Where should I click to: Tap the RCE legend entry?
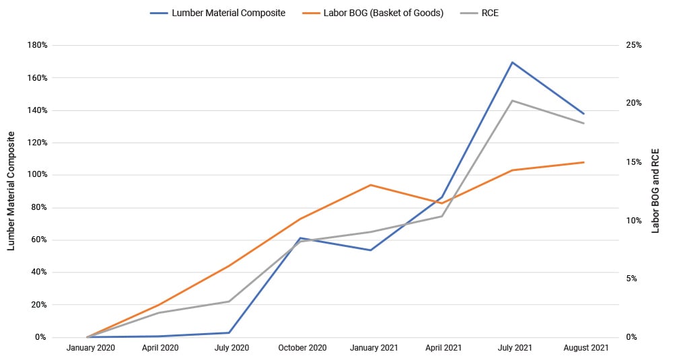tap(490, 13)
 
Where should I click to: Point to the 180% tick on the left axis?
tap(36, 46)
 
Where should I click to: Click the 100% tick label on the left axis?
tap(36, 175)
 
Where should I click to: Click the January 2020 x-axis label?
tap(90, 348)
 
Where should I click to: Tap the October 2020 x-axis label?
tap(302, 348)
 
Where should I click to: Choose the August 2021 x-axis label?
tap(583, 348)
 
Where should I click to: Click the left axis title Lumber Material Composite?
tap(11, 191)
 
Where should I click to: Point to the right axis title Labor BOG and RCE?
tap(656, 191)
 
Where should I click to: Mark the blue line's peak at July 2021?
tap(513, 63)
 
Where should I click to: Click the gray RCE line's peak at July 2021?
tap(513, 101)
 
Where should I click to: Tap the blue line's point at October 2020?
tap(300, 238)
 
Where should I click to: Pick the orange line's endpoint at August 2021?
tap(583, 162)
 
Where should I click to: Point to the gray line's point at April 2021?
tap(442, 216)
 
